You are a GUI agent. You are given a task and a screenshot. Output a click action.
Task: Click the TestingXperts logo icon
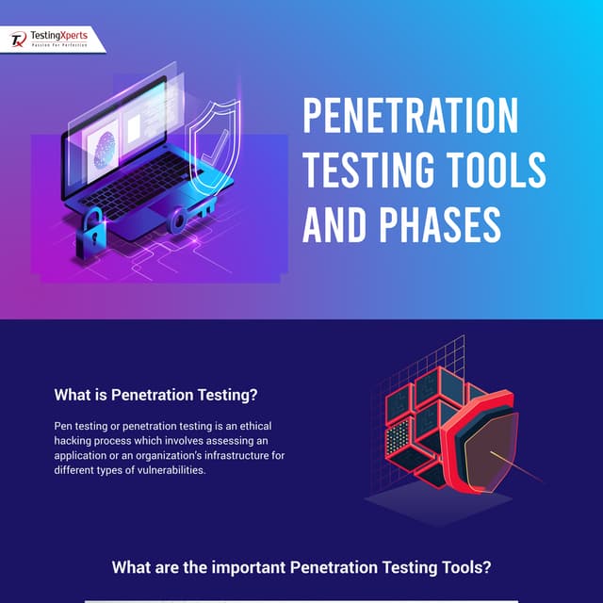coord(19,40)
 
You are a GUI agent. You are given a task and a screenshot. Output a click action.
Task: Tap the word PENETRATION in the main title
coord(410,117)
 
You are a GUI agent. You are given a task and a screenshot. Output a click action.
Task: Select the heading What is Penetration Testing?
coord(155,395)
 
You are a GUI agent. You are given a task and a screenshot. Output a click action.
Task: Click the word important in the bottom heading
coord(239,568)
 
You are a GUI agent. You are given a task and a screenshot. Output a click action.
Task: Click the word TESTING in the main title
coord(369,170)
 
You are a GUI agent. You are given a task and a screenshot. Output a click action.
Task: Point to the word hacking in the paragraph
coord(74,441)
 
